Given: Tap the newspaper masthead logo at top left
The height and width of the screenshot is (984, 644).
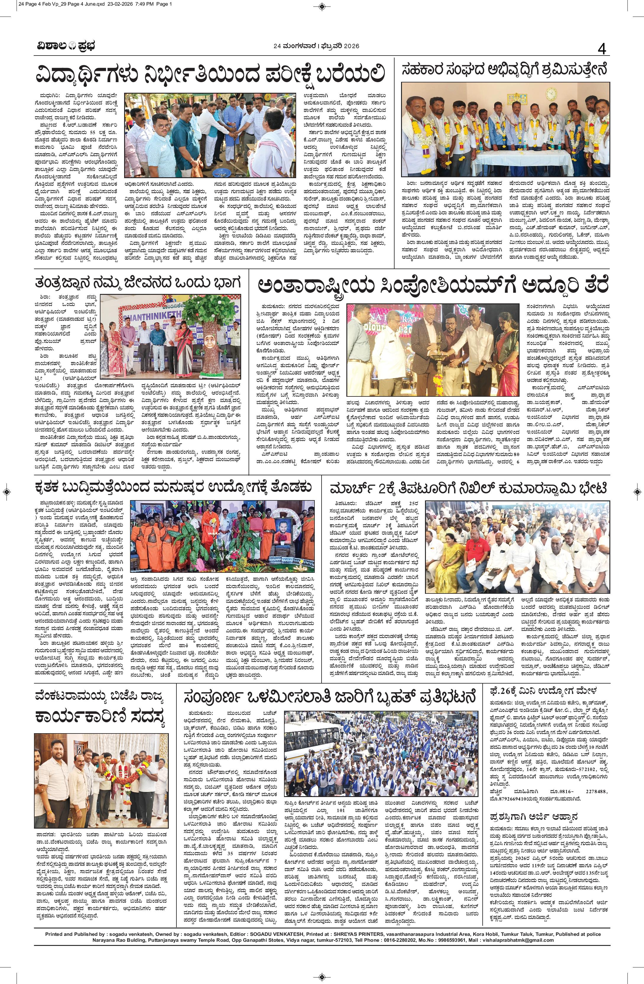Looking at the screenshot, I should (x=64, y=46).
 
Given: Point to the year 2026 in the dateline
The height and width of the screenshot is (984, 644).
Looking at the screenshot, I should (x=350, y=46).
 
